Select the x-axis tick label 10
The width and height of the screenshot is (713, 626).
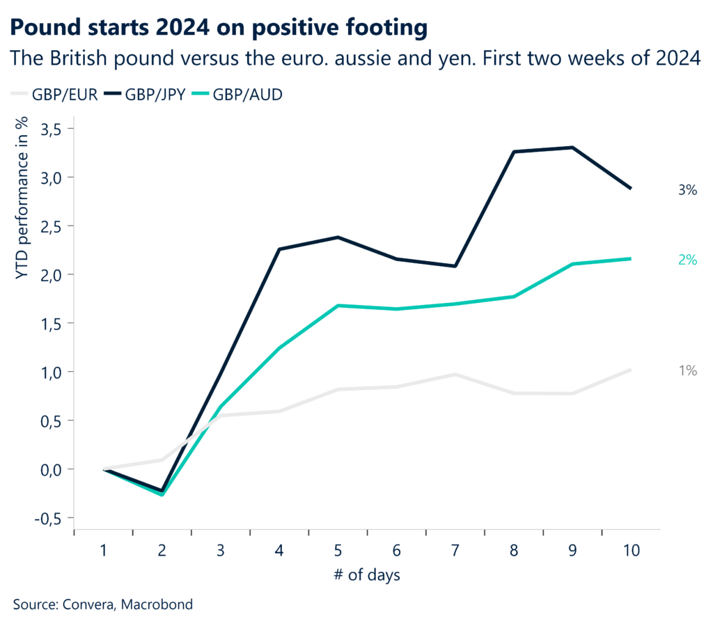(x=630, y=550)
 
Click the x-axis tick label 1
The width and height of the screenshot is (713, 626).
(x=104, y=550)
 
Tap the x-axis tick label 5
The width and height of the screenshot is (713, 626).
(x=338, y=550)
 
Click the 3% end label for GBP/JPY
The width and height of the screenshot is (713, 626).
(x=687, y=189)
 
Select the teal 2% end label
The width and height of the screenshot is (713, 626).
(x=687, y=260)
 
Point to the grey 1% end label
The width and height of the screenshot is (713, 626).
(x=687, y=371)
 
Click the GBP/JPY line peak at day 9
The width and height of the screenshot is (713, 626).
(x=572, y=148)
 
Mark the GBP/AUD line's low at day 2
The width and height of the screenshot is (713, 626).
(x=162, y=494)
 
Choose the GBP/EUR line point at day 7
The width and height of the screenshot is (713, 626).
(x=455, y=375)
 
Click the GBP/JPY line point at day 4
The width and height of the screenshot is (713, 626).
(x=279, y=249)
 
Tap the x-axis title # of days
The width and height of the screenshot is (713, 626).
(x=366, y=576)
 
